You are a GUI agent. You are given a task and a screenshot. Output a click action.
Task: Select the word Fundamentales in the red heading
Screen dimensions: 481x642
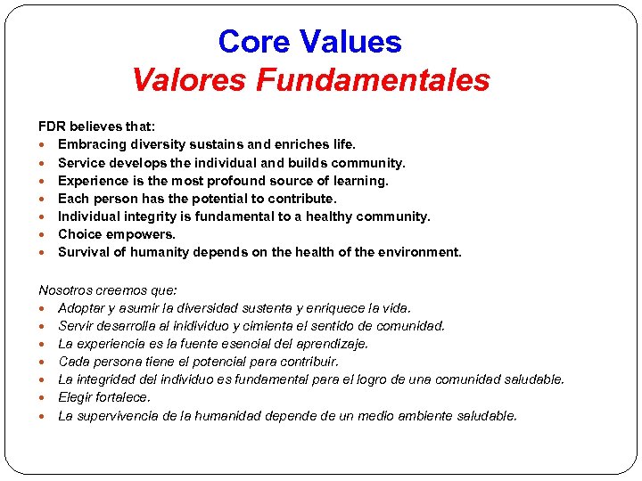click(x=373, y=80)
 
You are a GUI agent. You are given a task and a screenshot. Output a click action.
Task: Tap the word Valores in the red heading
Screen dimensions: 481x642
click(x=189, y=80)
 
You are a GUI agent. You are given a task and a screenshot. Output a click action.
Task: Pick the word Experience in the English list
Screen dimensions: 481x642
click(x=93, y=181)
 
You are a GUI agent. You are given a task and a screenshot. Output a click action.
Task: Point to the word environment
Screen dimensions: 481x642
click(x=421, y=252)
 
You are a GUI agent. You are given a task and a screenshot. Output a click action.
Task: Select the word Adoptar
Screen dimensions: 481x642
click(x=83, y=308)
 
